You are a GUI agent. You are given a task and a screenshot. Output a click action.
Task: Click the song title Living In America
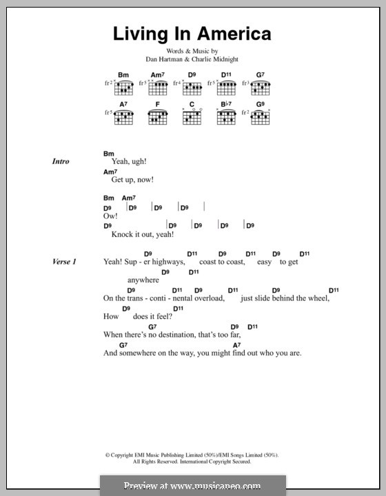[x=192, y=34]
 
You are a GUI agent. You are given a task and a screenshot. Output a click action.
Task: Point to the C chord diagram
[x=192, y=118]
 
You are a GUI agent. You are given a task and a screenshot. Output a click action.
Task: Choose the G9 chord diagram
[x=261, y=118]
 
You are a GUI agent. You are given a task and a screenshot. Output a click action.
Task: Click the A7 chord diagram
[x=124, y=118]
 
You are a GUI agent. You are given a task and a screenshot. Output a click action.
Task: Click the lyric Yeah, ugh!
[x=130, y=161]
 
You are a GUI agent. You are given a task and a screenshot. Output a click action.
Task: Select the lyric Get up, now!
[x=132, y=180]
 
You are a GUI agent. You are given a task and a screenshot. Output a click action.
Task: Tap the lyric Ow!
[x=111, y=216]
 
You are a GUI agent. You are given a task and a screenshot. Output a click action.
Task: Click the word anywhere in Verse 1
[x=143, y=280]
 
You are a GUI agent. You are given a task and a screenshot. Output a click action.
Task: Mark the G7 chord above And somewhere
[x=123, y=344]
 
